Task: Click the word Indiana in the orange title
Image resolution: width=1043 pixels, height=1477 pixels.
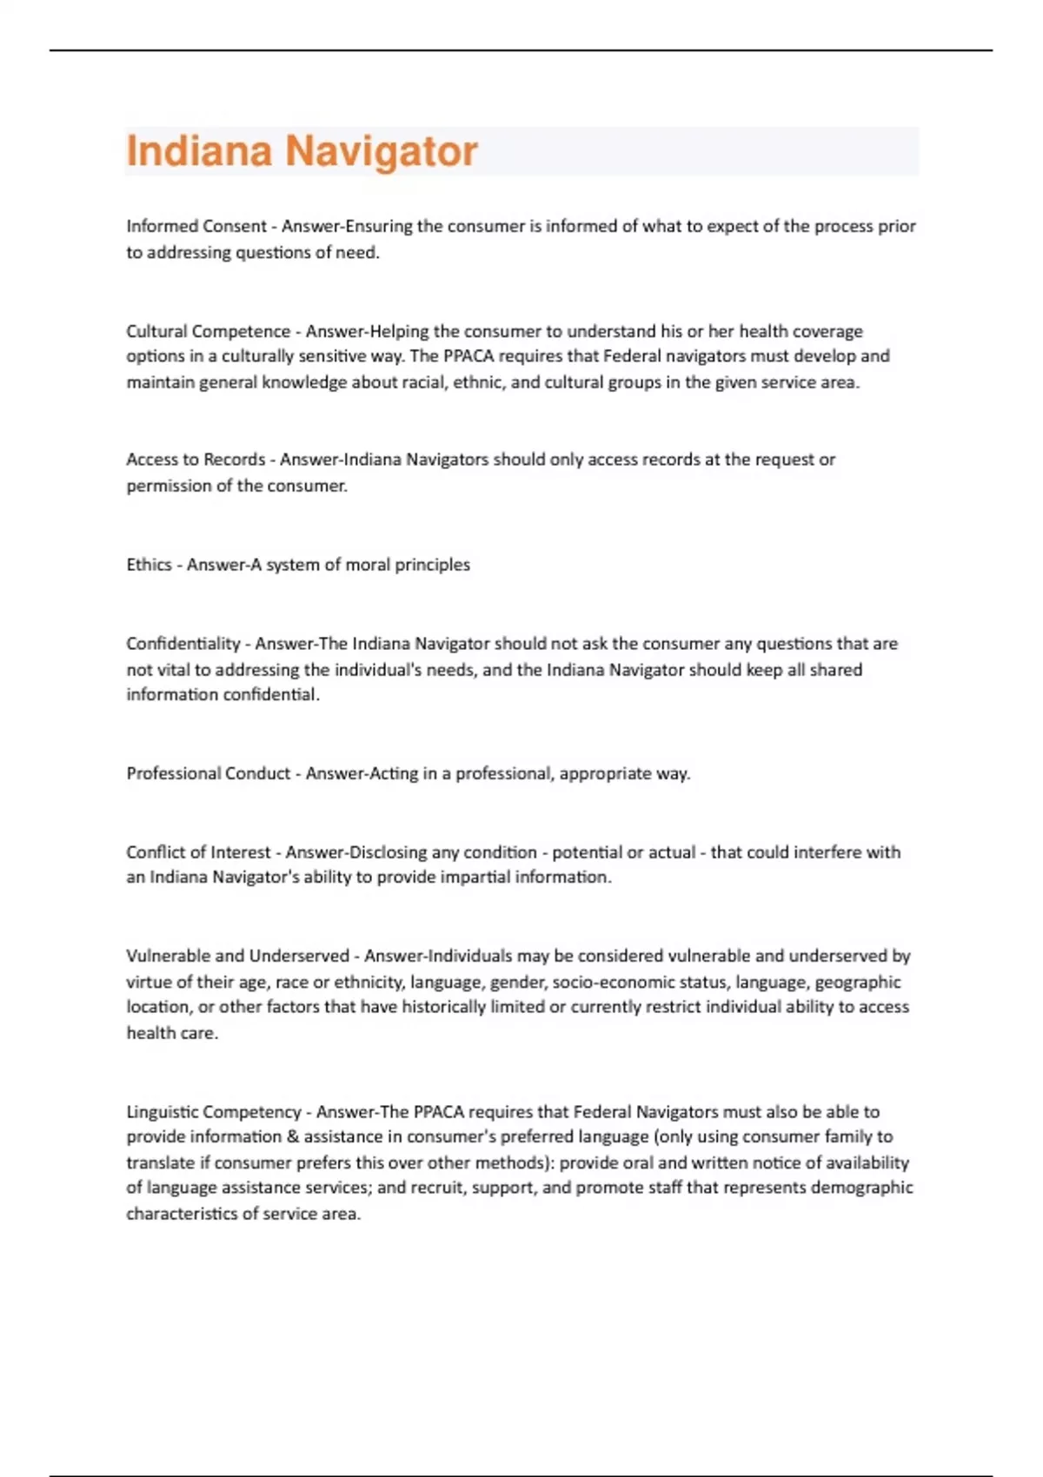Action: (x=199, y=151)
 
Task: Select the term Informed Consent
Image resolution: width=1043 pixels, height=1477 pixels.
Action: (x=196, y=227)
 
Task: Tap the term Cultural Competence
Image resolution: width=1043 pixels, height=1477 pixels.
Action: (x=208, y=331)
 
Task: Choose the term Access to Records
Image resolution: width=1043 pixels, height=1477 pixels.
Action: (x=196, y=460)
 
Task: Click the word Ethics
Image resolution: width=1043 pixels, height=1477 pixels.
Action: (x=149, y=565)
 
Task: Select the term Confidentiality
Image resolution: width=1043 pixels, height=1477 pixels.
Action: (x=183, y=644)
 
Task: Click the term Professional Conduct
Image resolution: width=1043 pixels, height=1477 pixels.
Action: (x=208, y=773)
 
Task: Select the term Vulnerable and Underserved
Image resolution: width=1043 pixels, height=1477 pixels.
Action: (x=237, y=956)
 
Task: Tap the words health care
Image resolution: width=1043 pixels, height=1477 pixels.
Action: (x=171, y=1034)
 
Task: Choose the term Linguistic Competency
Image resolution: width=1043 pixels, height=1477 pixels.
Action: (x=213, y=1112)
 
